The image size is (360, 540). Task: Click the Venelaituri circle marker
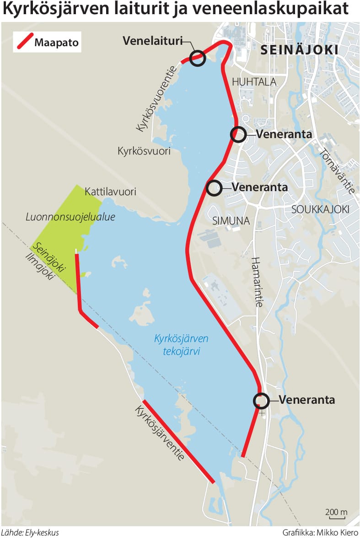[197, 58]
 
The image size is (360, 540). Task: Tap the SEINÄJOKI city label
[299, 50]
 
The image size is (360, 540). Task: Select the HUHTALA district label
[254, 82]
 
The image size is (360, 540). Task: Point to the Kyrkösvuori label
[144, 151]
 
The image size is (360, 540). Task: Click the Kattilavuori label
[110, 192]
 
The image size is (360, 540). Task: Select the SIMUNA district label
[231, 221]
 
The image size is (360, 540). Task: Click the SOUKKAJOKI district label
[320, 209]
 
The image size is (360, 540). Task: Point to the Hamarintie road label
[256, 281]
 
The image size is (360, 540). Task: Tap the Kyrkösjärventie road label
[159, 432]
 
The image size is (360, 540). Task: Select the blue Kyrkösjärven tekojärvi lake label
[181, 345]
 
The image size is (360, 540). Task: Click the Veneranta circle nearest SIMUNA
[214, 187]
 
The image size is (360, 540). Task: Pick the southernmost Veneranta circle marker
[261, 401]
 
